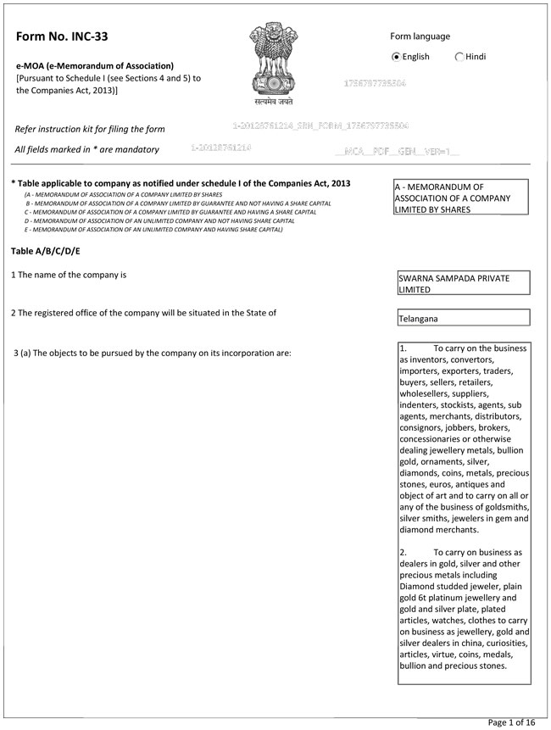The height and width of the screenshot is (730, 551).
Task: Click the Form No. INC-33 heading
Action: pos(62,36)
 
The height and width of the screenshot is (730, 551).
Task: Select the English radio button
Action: pos(397,57)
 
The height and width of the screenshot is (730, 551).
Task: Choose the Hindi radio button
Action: pos(459,57)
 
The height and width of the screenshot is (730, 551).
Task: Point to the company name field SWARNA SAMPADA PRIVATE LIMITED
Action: pos(463,283)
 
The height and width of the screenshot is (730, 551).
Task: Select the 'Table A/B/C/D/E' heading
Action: pos(46,251)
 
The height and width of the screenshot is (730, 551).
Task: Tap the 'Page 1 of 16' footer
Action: pos(512,722)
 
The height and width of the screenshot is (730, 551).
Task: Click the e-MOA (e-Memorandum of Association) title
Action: pos(95,66)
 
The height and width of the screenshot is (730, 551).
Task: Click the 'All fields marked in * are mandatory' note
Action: pos(87,150)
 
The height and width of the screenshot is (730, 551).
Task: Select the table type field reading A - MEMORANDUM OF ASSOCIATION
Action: pos(462,198)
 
